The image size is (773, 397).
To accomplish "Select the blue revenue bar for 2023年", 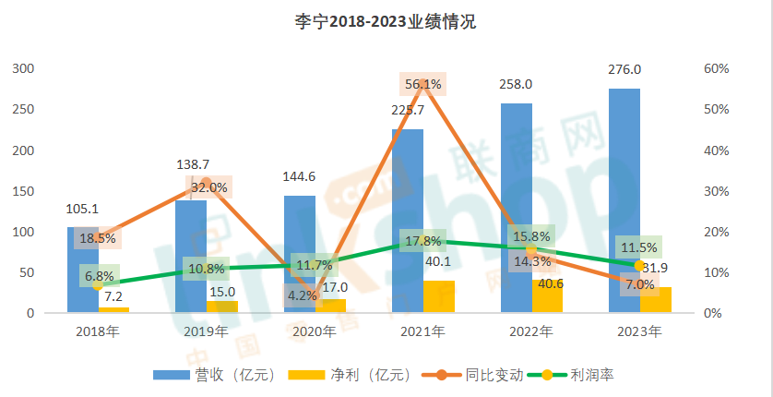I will coord(625,185).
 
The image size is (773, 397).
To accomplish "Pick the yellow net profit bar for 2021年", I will coord(439,296).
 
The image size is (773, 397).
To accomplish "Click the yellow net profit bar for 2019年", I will coord(222,307).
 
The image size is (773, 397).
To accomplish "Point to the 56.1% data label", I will coord(423,84).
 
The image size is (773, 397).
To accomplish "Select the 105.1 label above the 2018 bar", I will coord(83,209).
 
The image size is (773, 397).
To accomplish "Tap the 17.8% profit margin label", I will coord(423,241).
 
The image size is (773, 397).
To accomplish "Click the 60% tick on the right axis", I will coord(718,69).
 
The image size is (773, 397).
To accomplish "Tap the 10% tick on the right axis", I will coord(718,272).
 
